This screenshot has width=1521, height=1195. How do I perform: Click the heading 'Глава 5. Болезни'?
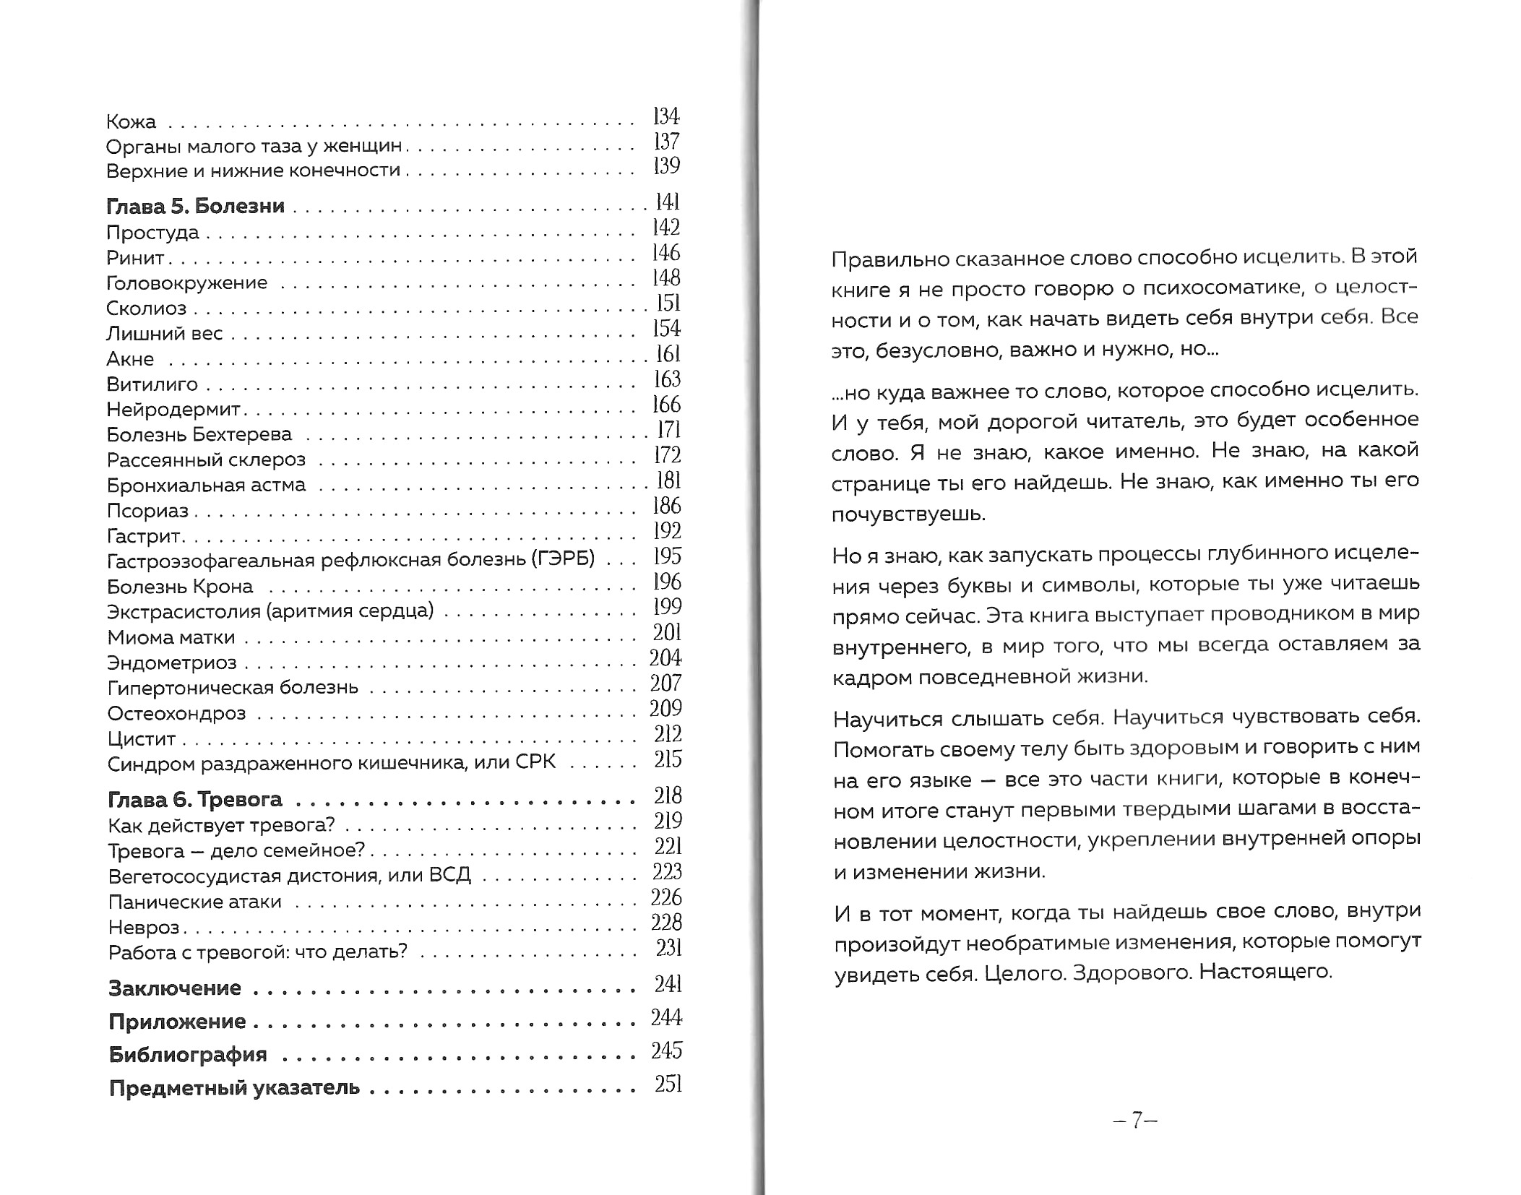click(x=195, y=207)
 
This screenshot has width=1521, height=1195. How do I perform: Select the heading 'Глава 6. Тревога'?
click(x=194, y=800)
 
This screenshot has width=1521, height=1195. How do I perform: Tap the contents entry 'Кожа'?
click(x=131, y=121)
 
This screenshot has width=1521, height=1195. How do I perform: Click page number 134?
click(x=665, y=116)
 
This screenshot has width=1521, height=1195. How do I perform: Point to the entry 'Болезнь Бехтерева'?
click(x=199, y=434)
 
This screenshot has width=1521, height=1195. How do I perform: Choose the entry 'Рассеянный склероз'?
click(x=206, y=460)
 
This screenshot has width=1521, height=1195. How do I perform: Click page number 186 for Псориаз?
click(x=666, y=506)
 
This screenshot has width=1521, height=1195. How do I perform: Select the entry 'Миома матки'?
click(x=171, y=637)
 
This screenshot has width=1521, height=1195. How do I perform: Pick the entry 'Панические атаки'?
click(x=194, y=902)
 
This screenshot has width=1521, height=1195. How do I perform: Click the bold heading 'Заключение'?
click(x=175, y=988)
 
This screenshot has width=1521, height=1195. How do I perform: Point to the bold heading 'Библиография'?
click(x=188, y=1055)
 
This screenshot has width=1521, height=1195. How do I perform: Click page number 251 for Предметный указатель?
click(x=668, y=1084)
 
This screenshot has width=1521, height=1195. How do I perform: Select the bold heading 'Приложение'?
click(x=177, y=1022)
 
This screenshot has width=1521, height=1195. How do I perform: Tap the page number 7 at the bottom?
click(x=1136, y=1121)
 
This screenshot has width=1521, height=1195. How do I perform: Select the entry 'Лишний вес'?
click(x=164, y=334)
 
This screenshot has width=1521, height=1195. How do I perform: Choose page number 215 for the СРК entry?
click(x=668, y=759)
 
